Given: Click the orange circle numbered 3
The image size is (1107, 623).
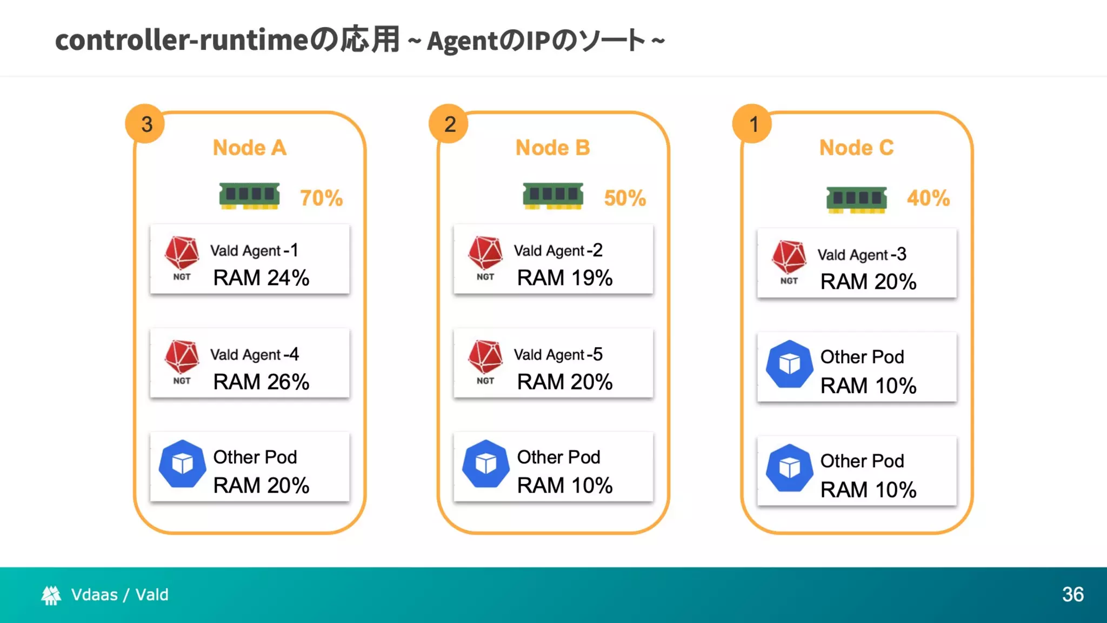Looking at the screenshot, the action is coord(145,124).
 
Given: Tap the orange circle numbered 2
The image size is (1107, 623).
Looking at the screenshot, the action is coord(449,124).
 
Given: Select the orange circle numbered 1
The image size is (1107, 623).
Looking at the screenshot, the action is coord(753,124).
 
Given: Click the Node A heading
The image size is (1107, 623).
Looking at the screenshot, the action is coord(249,148).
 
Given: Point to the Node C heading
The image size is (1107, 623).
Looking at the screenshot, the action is coord(856,148).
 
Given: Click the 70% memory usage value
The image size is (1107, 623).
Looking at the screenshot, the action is coord(321,198).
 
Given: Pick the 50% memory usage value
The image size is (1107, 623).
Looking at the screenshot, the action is coord(625,198).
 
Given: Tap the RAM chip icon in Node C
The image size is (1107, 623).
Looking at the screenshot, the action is coord(856,199).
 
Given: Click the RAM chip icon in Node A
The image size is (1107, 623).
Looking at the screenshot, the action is coord(249,196).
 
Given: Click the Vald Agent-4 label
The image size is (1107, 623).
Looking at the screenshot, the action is coord(254,355).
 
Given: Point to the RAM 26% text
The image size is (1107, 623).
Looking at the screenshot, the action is coord(261,382).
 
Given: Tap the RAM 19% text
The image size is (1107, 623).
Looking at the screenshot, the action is coord(565,278).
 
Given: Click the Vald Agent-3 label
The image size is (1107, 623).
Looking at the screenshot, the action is coord(862,255).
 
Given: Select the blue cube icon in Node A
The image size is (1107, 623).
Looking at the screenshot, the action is coord(182,464).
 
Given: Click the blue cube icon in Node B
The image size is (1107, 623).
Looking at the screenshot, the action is coord(485,464).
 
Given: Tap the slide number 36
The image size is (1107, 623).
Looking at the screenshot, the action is coord(1072,594).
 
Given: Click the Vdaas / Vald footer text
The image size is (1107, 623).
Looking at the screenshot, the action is coord(119,595).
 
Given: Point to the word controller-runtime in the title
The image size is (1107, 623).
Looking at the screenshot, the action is coord(182,40).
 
